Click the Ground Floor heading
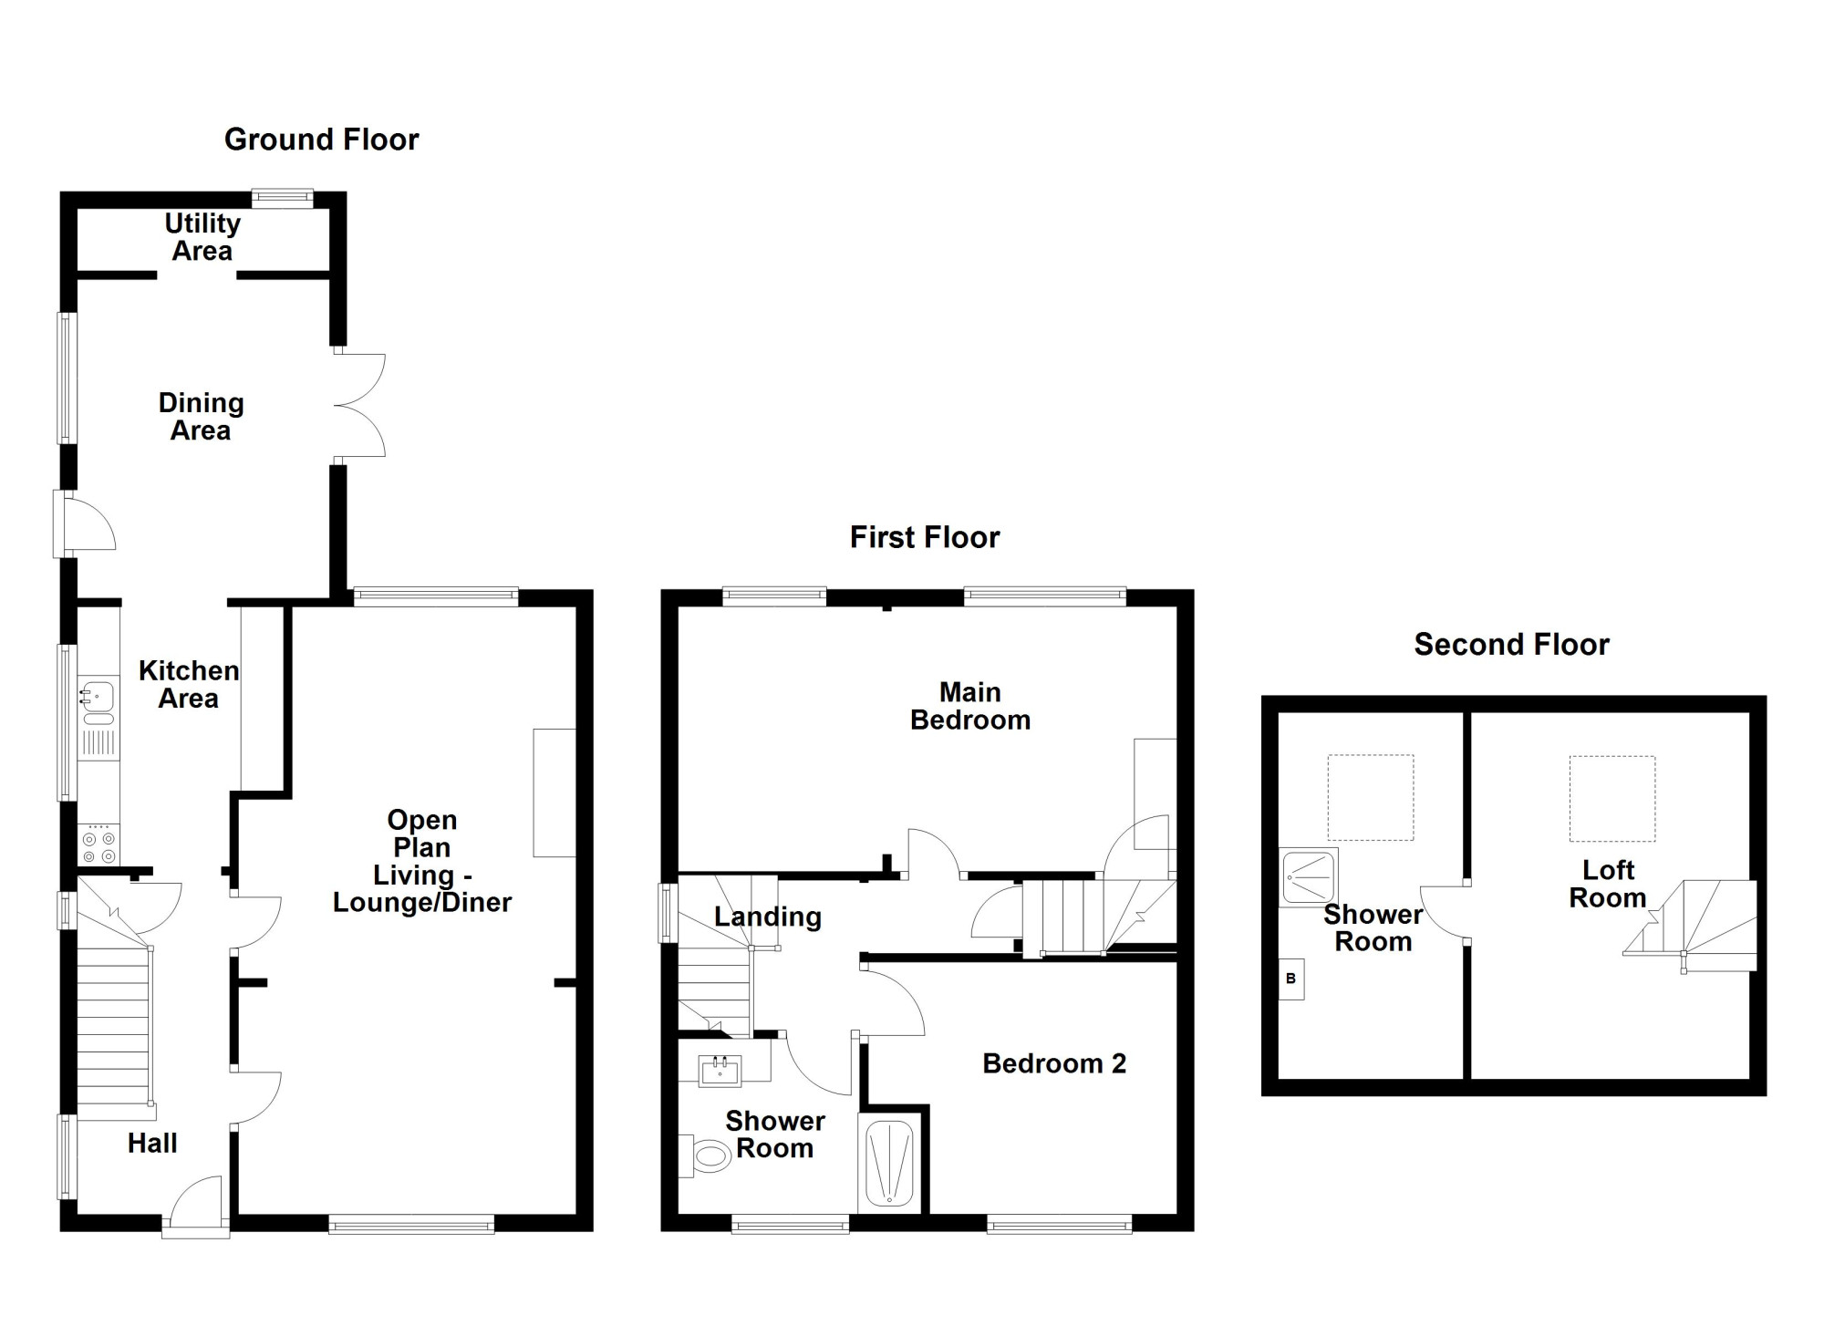321,140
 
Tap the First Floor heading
925,537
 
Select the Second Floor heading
1511,645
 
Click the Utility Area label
202,237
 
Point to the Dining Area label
201,417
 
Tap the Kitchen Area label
189,685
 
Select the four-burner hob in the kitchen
98,844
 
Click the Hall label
152,1143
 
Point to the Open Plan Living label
422,861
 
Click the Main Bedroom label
970,706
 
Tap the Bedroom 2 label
1054,1063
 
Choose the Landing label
768,917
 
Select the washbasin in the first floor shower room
720,1071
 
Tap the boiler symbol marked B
1290,979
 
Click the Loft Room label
1608,884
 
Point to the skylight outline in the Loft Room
1612,799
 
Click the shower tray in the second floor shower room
1309,876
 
